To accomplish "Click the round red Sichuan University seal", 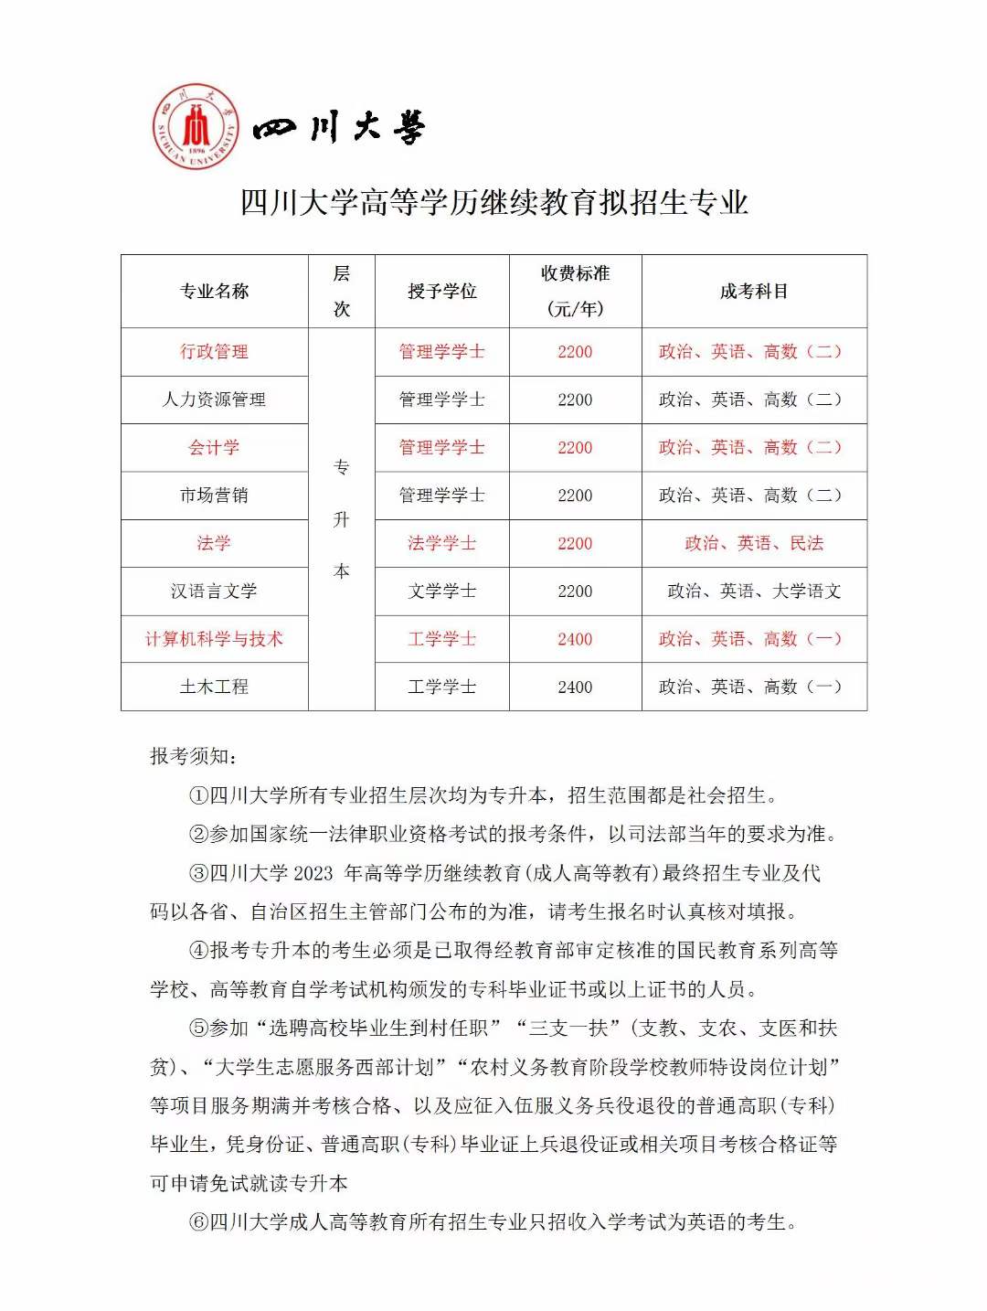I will (x=196, y=127).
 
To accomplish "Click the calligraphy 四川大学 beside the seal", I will (x=339, y=128).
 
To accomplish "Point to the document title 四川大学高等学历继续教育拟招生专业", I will (x=493, y=202).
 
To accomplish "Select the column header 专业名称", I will (x=215, y=292).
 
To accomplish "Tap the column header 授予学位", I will (x=442, y=292).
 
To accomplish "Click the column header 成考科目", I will (x=754, y=292).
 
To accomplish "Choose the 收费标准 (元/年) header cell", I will (x=575, y=292).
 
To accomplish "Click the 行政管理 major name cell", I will (x=215, y=352).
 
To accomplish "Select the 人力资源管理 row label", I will (x=215, y=400).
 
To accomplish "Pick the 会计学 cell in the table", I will (x=215, y=448).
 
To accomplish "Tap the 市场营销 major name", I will (x=215, y=496).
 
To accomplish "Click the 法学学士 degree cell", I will (x=442, y=544).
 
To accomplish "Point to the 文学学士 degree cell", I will (x=442, y=592).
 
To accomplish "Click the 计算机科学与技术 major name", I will (x=215, y=639).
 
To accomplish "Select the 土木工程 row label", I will (x=215, y=687).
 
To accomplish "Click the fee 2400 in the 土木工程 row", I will (x=575, y=687).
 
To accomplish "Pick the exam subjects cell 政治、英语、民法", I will (x=754, y=544).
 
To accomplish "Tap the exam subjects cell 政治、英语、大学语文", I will (x=754, y=592).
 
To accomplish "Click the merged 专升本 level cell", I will (x=342, y=519).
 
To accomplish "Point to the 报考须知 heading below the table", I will (x=194, y=756).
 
